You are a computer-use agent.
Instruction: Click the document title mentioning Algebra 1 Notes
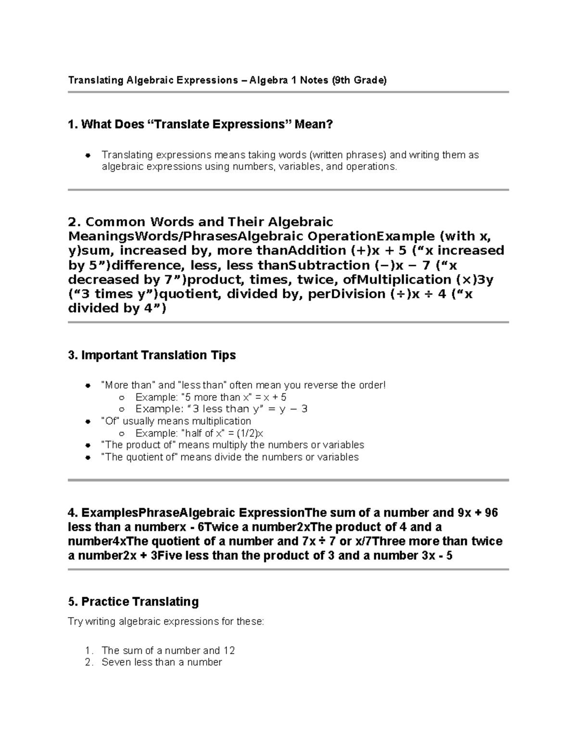point(227,80)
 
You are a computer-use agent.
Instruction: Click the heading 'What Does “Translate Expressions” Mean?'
point(201,125)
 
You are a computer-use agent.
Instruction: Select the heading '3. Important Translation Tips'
point(152,355)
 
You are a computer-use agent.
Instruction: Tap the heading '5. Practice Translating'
point(134,602)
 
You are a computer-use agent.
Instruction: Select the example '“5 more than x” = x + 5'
point(211,397)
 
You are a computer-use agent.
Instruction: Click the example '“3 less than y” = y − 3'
point(221,409)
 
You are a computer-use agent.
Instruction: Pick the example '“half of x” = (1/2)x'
point(199,433)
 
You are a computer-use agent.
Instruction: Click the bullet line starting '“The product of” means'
point(233,445)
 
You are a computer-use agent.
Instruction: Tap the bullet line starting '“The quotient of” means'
point(230,457)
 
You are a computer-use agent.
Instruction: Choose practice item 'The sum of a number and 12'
point(168,650)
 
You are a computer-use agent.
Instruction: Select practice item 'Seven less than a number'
point(162,662)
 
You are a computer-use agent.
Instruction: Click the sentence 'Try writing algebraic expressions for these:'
point(166,621)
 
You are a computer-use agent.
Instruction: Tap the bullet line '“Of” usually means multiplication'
point(176,421)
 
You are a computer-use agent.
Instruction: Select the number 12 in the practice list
point(229,650)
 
